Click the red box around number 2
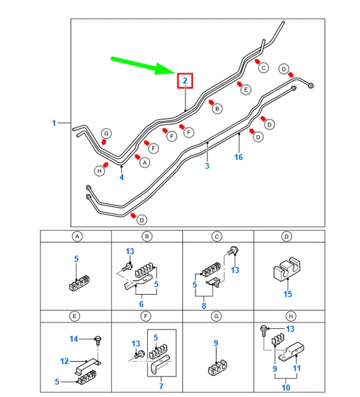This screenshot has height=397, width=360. [185, 74]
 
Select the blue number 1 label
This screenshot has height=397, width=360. [54, 123]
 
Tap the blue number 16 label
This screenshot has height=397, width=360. [238, 157]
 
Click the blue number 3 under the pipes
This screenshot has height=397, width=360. [207, 166]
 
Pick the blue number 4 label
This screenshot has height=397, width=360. [122, 177]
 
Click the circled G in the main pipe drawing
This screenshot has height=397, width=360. [106, 134]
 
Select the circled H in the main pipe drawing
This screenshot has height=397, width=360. [99, 171]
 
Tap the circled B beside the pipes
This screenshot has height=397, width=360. [217, 109]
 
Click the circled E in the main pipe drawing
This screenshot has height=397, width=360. [246, 90]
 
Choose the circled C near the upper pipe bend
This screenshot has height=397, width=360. [263, 68]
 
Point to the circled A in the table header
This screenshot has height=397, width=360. [77, 236]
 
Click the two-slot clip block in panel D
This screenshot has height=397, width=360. [287, 269]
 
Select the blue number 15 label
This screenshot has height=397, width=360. [287, 294]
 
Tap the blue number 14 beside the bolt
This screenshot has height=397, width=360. [74, 339]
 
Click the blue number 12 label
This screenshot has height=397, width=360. [65, 361]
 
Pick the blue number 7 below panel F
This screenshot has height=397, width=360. [161, 386]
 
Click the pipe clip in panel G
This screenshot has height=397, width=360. [217, 367]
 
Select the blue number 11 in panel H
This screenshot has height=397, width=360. [297, 368]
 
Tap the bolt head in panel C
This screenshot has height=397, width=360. [235, 251]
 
